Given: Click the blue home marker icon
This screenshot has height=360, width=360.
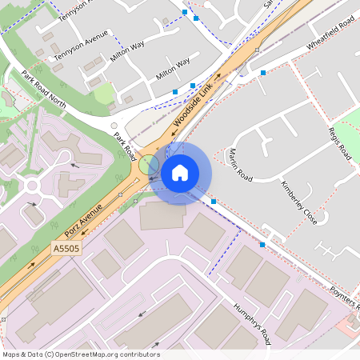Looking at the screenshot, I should click(x=180, y=173).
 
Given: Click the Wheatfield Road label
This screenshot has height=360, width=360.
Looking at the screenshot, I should click(x=331, y=38).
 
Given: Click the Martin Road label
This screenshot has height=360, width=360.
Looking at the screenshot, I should click(x=240, y=164).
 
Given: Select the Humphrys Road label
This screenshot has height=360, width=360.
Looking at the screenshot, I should click(x=253, y=324).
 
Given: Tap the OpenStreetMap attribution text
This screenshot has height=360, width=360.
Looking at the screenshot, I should click(x=81, y=354).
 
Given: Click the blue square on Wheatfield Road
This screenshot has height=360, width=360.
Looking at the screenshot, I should click(x=263, y=73).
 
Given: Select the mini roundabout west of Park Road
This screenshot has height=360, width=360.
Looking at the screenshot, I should click(x=33, y=186).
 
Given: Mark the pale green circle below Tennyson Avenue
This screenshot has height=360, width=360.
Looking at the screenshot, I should click(x=104, y=94).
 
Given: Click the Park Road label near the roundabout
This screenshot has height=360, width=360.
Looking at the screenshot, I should click(x=122, y=145).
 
